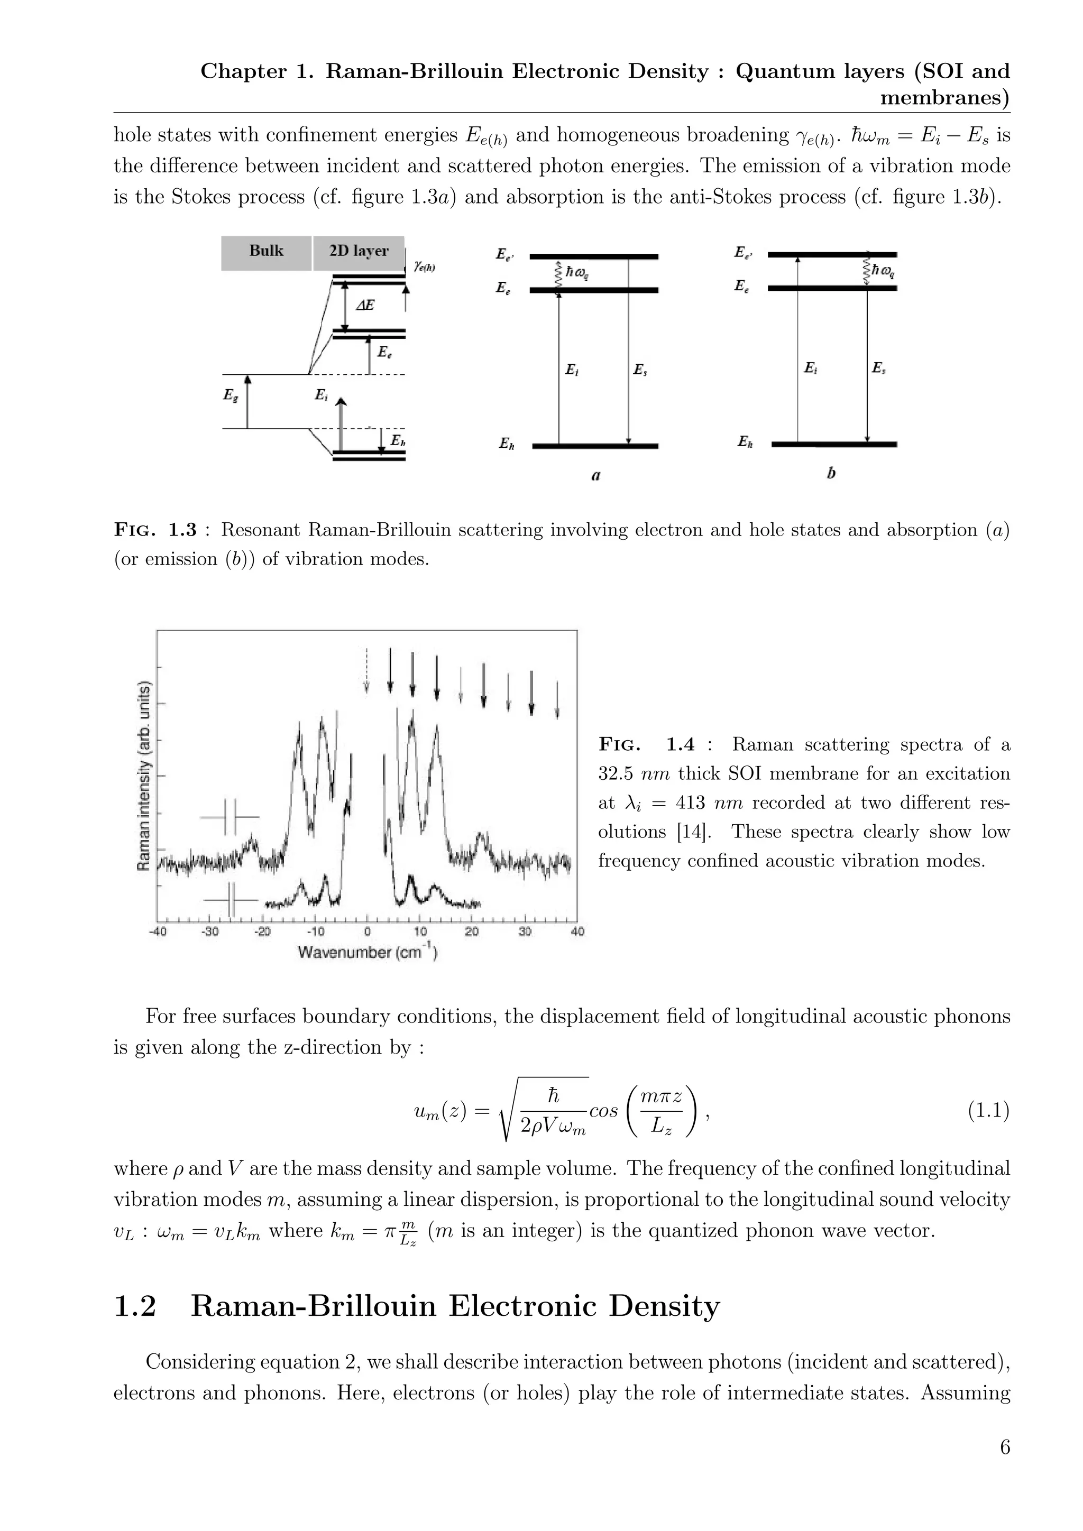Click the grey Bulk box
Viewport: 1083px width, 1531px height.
click(266, 253)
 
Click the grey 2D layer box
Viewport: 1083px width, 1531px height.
click(359, 253)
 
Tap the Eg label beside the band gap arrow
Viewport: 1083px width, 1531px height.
click(230, 395)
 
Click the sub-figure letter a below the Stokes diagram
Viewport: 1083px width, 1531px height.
click(595, 475)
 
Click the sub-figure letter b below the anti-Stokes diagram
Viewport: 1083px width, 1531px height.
click(831, 474)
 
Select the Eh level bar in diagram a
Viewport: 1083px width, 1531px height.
click(595, 446)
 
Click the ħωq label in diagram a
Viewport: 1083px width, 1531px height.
click(577, 273)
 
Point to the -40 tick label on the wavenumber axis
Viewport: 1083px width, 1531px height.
click(158, 931)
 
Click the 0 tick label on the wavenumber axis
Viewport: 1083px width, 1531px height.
click(368, 931)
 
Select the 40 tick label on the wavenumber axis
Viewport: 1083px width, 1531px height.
click(577, 931)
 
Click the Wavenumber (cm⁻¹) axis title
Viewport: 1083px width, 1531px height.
click(368, 952)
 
